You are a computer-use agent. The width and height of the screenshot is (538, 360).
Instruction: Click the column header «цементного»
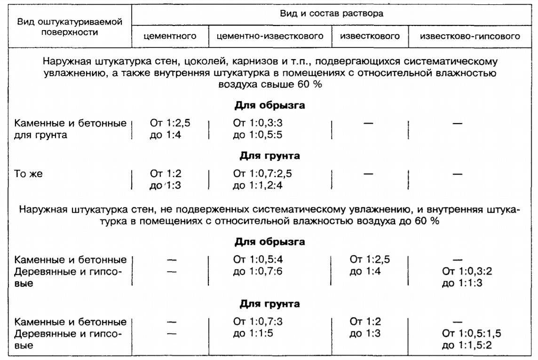(x=170, y=37)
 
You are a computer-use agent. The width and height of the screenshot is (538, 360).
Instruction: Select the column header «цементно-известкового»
(x=270, y=37)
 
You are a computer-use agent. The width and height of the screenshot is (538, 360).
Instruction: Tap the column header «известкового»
(x=369, y=37)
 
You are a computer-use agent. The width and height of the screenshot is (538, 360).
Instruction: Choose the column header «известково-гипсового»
(x=470, y=37)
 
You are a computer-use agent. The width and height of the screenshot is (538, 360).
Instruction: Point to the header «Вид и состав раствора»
(x=332, y=14)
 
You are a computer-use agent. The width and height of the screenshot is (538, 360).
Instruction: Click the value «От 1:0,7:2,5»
(x=262, y=174)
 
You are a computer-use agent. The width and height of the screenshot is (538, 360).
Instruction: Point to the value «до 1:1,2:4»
(x=258, y=185)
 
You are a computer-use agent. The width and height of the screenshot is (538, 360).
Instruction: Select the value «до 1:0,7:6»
(x=258, y=272)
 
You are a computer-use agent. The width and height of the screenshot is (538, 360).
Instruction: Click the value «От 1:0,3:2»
(x=470, y=272)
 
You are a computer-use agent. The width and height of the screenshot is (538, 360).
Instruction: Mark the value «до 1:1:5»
(x=253, y=334)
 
